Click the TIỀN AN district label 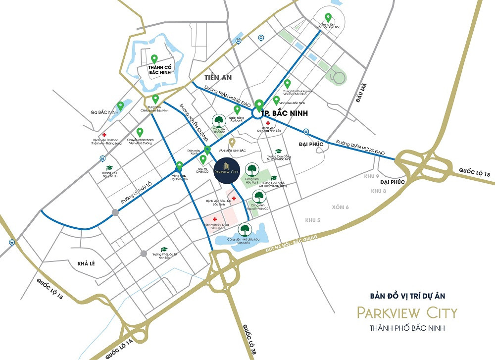218,78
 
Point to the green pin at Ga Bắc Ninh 120,105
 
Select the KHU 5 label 313,219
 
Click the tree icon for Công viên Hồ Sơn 219,121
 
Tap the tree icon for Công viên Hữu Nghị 252,169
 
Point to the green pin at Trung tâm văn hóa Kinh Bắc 328,18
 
